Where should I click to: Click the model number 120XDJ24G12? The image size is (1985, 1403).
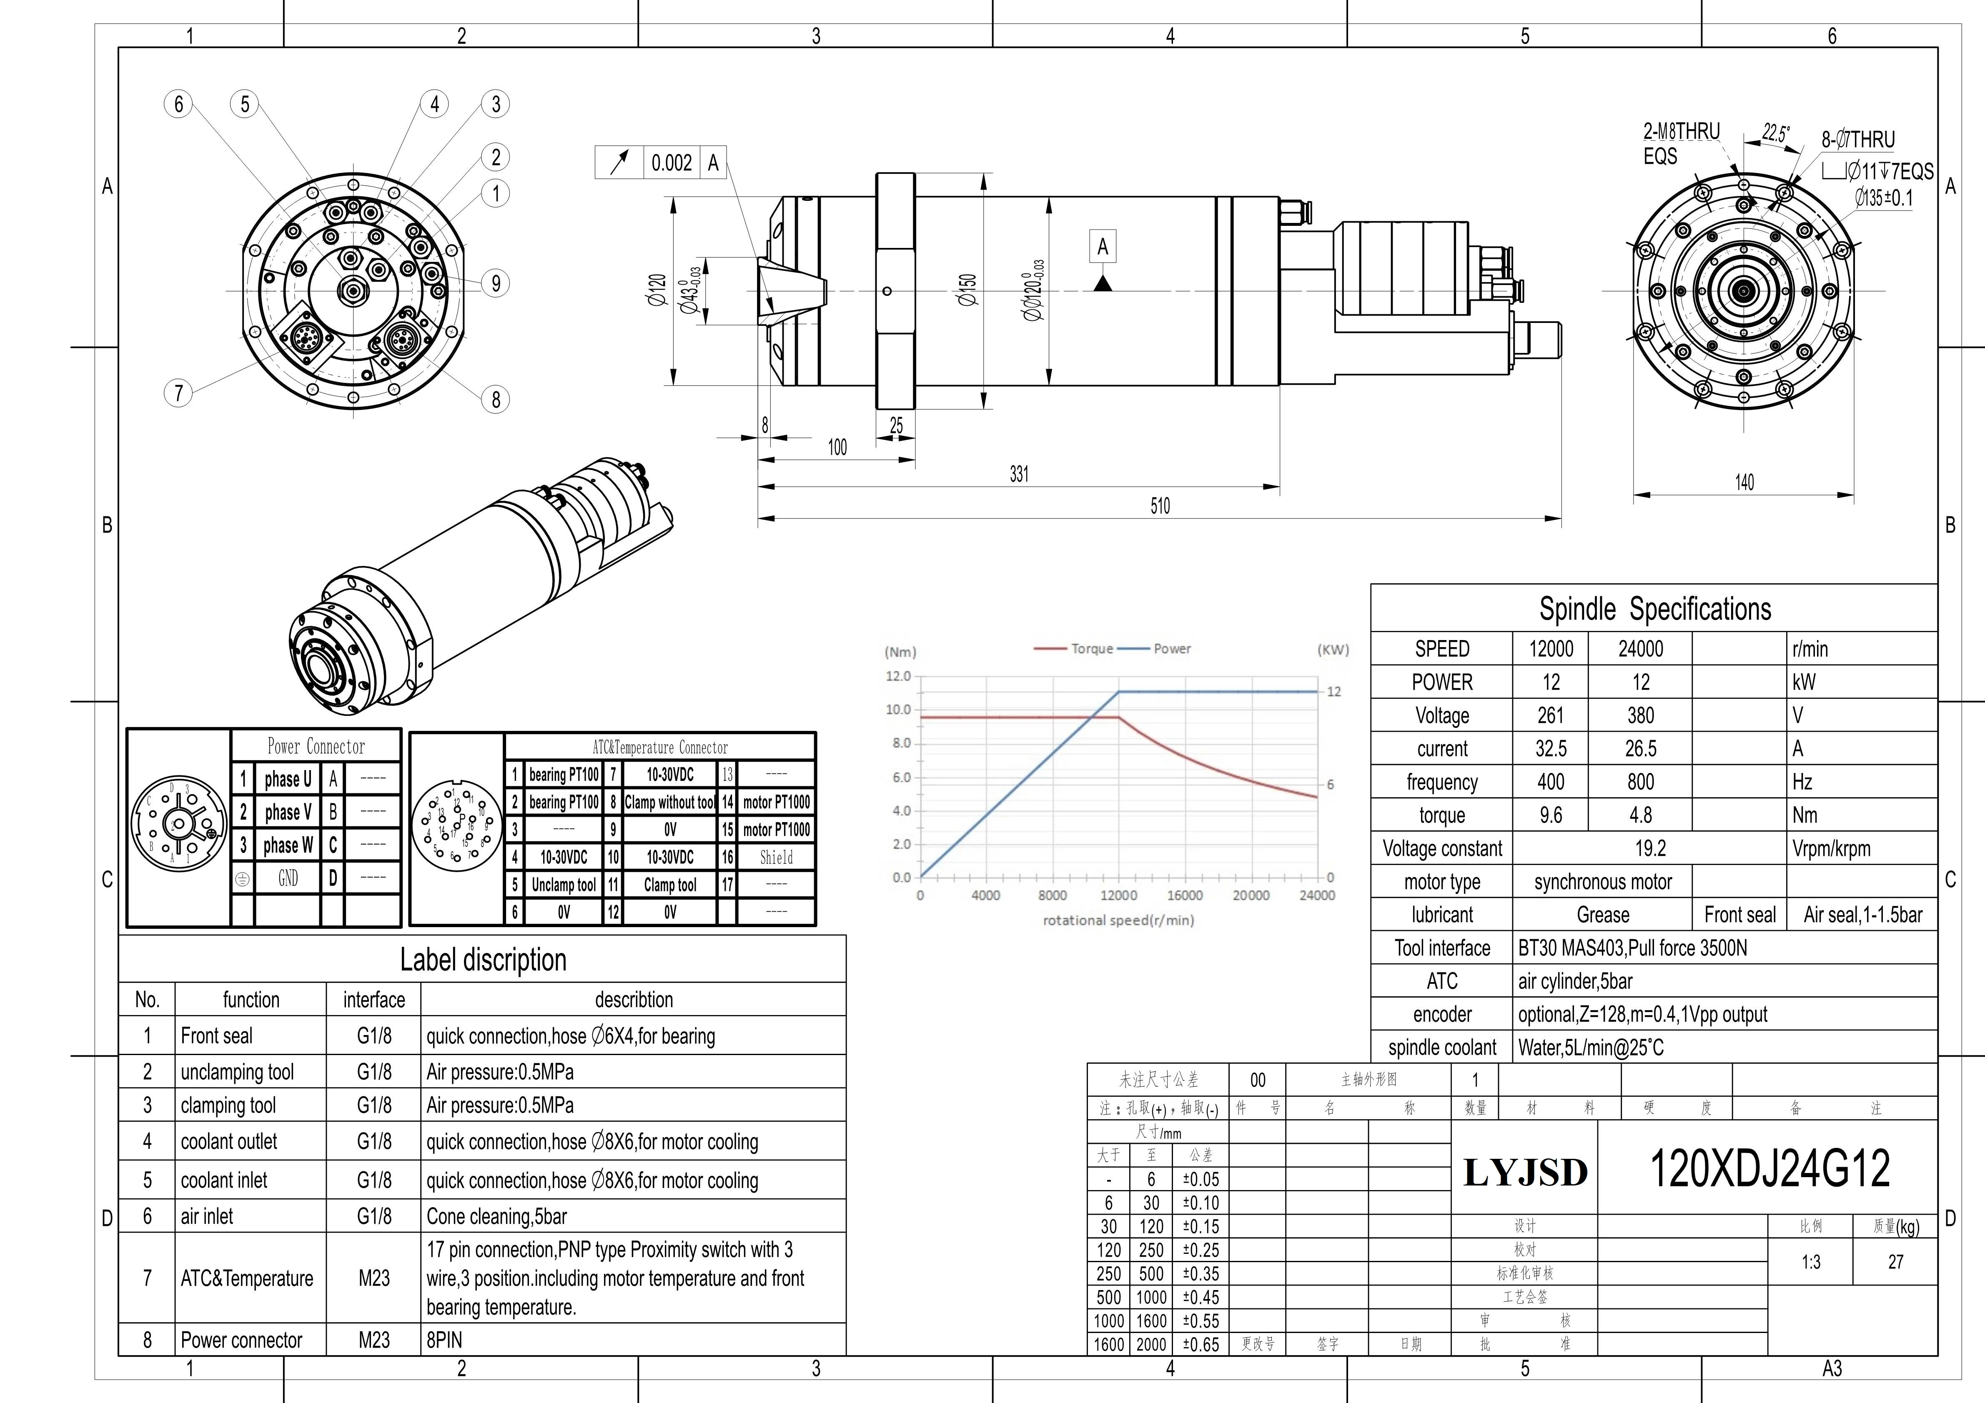click(x=1770, y=1169)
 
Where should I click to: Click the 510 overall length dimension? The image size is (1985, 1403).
click(x=1160, y=506)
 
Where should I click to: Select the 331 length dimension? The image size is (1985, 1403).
click(x=1019, y=474)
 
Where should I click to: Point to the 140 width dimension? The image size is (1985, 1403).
click(x=1744, y=483)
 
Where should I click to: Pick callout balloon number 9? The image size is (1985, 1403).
click(x=495, y=283)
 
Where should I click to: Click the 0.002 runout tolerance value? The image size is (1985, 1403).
click(x=672, y=163)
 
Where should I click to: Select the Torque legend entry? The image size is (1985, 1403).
click(x=1074, y=648)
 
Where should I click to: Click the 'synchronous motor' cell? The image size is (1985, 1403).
click(x=1603, y=882)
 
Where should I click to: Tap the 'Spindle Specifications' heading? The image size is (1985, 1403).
click(x=1655, y=608)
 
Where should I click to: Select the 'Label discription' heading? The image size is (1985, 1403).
click(x=483, y=960)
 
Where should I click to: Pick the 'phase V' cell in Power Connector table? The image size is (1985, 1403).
click(x=288, y=812)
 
